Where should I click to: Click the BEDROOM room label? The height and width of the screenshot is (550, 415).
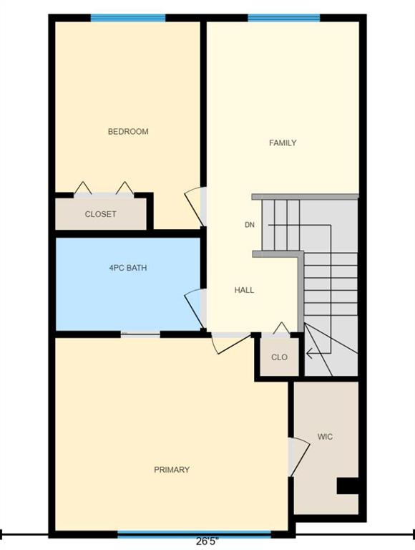(128, 132)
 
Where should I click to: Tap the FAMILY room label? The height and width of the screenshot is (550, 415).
(283, 143)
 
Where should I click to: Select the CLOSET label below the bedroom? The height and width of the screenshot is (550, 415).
(101, 214)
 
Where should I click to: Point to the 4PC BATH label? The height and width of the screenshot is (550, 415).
(128, 268)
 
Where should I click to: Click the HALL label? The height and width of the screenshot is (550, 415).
(244, 290)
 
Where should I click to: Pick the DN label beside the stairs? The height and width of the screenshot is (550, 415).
(250, 225)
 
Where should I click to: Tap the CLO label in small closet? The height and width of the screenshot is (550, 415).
(279, 357)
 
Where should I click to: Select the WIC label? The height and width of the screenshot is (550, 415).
(325, 437)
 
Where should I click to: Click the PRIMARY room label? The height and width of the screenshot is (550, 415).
(172, 469)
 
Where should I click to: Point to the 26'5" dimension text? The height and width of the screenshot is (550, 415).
(207, 541)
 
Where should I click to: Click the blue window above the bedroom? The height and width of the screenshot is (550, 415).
(128, 18)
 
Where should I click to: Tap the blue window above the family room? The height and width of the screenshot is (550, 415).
(284, 18)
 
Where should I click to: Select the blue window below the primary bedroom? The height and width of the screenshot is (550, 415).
(194, 534)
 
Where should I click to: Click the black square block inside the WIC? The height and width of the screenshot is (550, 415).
(348, 486)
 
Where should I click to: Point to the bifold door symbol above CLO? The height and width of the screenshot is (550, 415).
(281, 329)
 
